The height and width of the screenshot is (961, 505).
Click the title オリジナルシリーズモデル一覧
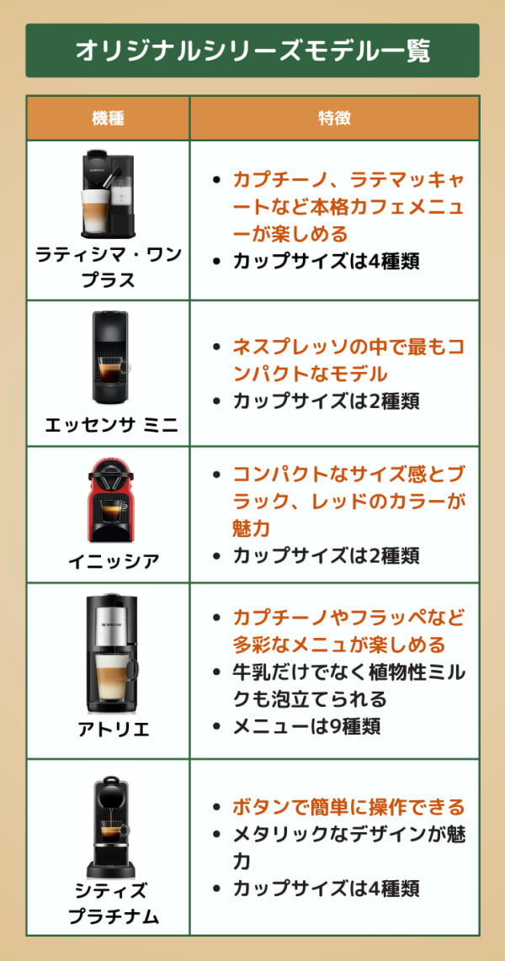(x=252, y=50)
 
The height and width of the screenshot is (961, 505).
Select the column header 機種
(x=108, y=118)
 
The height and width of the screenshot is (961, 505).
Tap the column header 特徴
(x=334, y=118)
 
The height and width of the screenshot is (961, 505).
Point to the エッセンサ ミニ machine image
(x=109, y=358)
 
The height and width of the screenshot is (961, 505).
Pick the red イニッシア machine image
(x=109, y=501)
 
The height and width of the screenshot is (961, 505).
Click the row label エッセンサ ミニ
(x=109, y=426)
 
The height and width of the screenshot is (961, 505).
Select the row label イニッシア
(x=109, y=561)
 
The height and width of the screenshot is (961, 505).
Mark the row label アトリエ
(x=109, y=730)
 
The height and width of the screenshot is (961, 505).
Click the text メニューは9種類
(x=306, y=725)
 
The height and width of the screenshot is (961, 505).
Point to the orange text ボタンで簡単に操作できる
(x=348, y=807)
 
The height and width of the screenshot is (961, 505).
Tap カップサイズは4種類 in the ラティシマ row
(x=326, y=260)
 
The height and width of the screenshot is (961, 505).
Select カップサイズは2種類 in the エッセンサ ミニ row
(x=326, y=401)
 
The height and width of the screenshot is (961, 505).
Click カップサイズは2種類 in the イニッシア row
(x=326, y=555)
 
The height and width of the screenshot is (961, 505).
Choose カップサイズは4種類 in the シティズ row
(x=326, y=888)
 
